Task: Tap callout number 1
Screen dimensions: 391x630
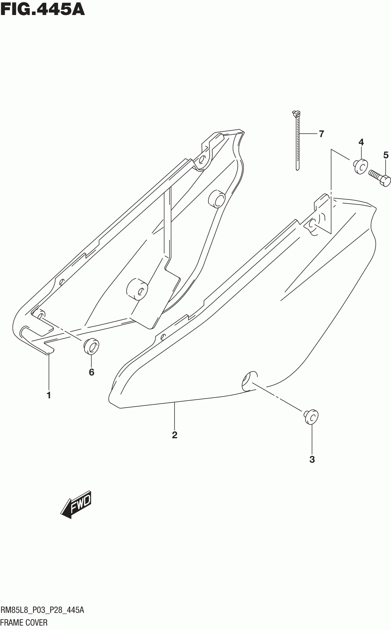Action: (x=49, y=395)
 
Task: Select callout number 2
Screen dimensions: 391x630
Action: (x=175, y=435)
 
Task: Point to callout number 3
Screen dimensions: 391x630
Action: (x=312, y=459)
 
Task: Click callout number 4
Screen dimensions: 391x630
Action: (x=361, y=142)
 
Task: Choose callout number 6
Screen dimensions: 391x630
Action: (x=91, y=372)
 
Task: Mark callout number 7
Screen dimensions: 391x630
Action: (x=321, y=134)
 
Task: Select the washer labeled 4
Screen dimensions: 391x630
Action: (x=359, y=166)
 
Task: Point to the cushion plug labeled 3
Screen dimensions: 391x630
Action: (x=311, y=417)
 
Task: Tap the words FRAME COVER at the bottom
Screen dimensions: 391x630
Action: (x=24, y=622)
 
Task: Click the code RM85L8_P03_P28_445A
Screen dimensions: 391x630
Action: (x=42, y=610)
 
